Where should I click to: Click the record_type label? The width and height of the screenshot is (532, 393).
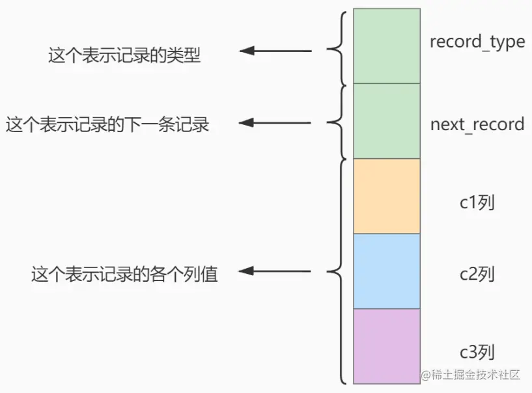pos(477,42)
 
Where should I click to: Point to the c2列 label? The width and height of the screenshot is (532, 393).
pos(477,275)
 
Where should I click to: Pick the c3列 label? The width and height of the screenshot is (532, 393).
pos(477,353)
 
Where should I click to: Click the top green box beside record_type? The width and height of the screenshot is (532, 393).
pos(386,46)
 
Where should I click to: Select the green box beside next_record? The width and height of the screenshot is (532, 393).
pos(386,121)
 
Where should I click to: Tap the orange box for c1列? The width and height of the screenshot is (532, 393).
pos(386,196)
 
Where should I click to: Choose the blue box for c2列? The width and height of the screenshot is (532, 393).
pos(386,271)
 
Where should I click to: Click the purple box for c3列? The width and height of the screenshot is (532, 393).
pos(386,346)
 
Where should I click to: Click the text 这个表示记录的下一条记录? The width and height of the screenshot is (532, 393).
pos(107,124)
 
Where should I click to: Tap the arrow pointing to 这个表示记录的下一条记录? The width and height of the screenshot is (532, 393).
pos(275,122)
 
